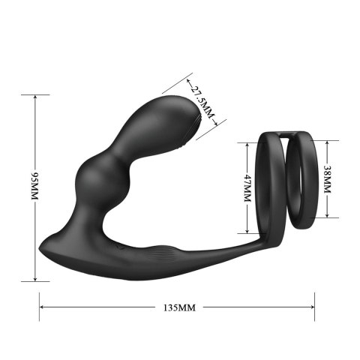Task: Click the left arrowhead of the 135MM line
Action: click(x=42, y=307)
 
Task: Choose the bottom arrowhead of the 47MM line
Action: click(x=247, y=232)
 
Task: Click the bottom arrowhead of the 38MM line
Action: click(x=326, y=215)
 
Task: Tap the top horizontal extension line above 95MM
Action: click(x=34, y=94)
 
